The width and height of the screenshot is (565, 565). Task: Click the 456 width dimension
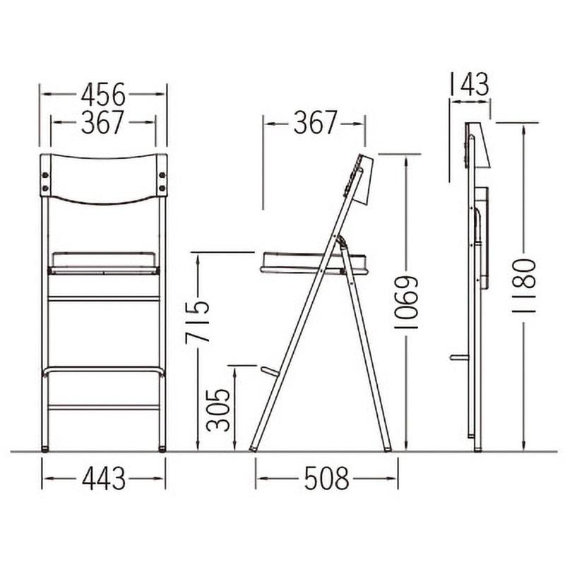(103, 95)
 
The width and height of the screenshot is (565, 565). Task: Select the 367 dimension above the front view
(102, 122)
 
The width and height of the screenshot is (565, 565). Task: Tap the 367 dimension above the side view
(315, 122)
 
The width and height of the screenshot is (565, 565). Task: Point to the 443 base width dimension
(104, 479)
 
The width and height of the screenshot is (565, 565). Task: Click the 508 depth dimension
(326, 479)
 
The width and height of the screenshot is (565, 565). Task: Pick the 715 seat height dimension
(197, 321)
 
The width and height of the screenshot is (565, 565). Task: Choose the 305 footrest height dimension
(218, 410)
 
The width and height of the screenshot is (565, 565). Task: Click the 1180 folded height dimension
(524, 285)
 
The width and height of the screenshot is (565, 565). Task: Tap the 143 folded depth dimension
(470, 84)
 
